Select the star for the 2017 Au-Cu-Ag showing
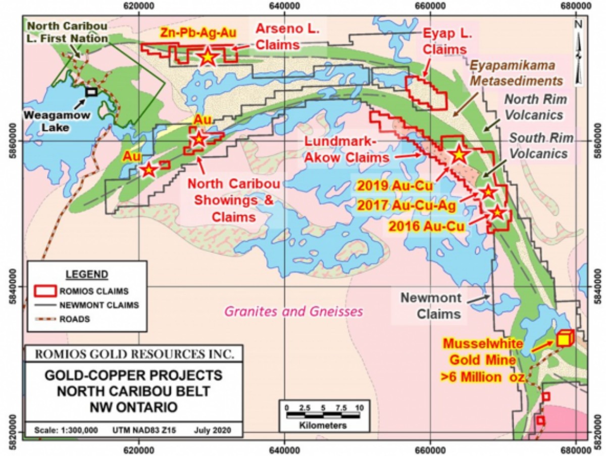(x=487, y=192)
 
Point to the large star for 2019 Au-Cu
(x=459, y=155)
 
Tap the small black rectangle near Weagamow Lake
(x=91, y=91)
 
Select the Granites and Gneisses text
(x=293, y=311)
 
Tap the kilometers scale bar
(x=322, y=415)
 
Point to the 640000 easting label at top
(x=284, y=6)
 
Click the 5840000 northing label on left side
(x=11, y=286)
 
